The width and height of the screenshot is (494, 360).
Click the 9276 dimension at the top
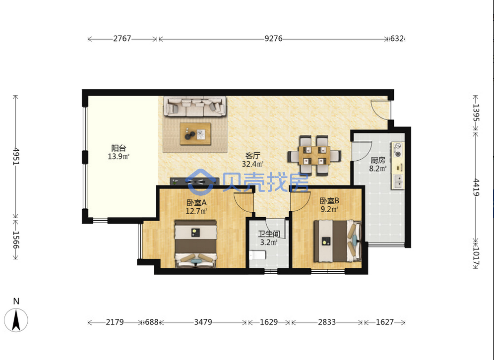pyautogui.click(x=273, y=39)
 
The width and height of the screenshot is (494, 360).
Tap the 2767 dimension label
pyautogui.click(x=122, y=39)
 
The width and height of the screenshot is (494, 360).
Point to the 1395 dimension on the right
pyautogui.click(x=476, y=113)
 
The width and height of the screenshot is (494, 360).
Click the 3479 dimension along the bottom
pyautogui.click(x=203, y=322)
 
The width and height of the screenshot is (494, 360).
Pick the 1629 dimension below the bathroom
pyautogui.click(x=269, y=322)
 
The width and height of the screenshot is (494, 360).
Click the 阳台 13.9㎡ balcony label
pyautogui.click(x=119, y=152)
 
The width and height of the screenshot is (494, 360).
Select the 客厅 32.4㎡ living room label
pyautogui.click(x=252, y=160)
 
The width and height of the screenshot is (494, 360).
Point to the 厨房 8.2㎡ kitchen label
pyautogui.click(x=378, y=164)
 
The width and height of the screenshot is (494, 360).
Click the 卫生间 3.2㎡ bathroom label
pyautogui.click(x=269, y=238)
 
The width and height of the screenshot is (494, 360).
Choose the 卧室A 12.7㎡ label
pyautogui.click(x=196, y=206)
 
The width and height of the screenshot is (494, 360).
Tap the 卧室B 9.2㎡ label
pyautogui.click(x=329, y=205)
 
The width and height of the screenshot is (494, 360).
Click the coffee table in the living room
pyautogui.click(x=195, y=134)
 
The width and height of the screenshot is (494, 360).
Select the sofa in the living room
pyautogui.click(x=195, y=106)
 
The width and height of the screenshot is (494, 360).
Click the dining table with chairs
pyautogui.click(x=314, y=155)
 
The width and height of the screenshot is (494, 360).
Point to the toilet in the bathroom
pyautogui.click(x=257, y=255)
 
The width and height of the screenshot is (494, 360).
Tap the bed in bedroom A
pyautogui.click(x=196, y=243)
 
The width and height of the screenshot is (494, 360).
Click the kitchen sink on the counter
pyautogui.click(x=399, y=181)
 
